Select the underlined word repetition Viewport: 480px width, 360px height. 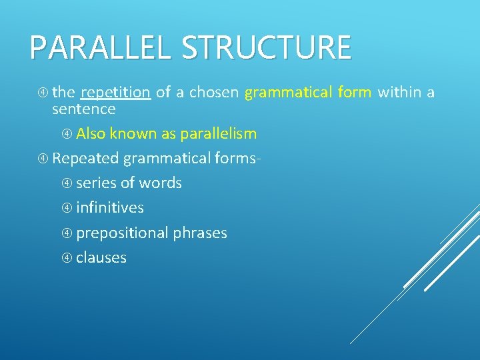pos(116,92)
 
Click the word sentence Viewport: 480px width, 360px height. pos(83,109)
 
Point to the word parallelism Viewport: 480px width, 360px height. pos(218,133)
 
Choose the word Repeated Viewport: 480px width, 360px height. pos(85,158)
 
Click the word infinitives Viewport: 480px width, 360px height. pos(110,207)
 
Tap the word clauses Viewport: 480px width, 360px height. pos(101,257)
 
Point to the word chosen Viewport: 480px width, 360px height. pos(213,92)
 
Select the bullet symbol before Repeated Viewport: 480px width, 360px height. pos(43,159)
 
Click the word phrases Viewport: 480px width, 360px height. pos(200,233)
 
